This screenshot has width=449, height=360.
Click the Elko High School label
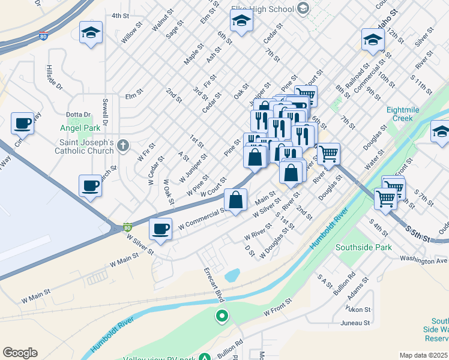[x=262, y=9]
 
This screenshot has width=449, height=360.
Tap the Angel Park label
[x=80, y=128]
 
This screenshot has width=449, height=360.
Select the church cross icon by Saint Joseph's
[x=123, y=145]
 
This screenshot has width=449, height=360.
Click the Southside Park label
[x=363, y=247]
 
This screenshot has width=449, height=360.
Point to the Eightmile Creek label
[x=408, y=114]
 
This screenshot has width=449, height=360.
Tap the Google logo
[x=20, y=353]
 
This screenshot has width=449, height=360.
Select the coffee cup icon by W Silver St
[x=161, y=229]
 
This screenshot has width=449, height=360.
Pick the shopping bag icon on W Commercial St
[x=236, y=199]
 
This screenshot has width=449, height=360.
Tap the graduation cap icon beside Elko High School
[x=241, y=21]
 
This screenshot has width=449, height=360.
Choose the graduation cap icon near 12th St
[x=373, y=40]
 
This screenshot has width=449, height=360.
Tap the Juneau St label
[x=355, y=323]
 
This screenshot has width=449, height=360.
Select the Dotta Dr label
[x=78, y=115]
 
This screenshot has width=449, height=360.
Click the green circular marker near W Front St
[x=222, y=315]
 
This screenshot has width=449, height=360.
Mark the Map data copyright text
[x=424, y=355]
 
